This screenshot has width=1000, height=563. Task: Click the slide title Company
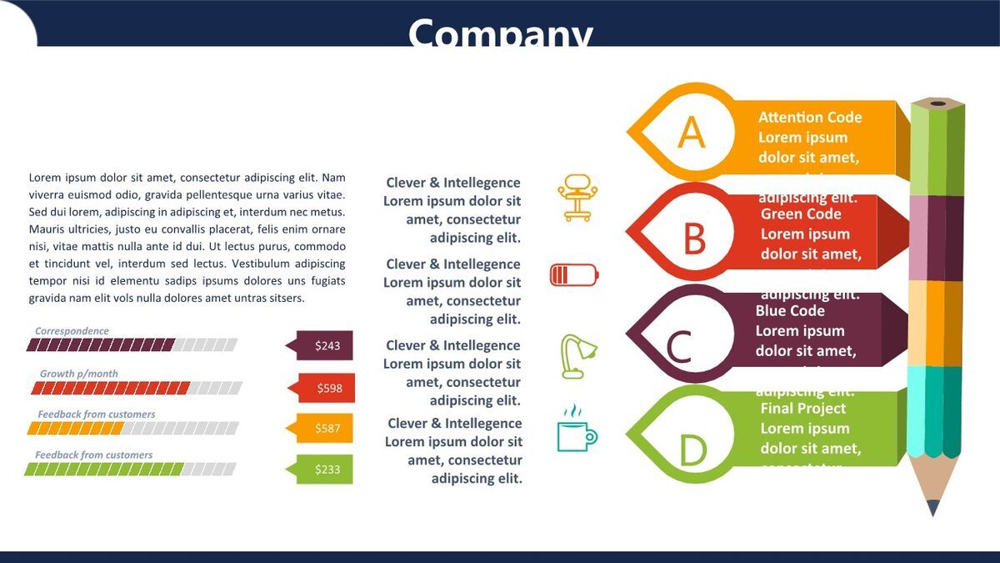[500, 33]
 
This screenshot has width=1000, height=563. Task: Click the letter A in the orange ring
[691, 132]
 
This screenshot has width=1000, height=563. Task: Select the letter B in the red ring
[694, 238]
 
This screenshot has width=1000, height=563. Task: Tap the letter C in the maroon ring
[679, 346]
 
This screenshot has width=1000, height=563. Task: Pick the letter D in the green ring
[692, 450]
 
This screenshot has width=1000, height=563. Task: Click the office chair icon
[575, 198]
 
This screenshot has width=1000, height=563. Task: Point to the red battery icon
[574, 274]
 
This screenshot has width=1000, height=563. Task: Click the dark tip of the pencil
[933, 508]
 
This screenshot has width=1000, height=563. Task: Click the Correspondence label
[72, 331]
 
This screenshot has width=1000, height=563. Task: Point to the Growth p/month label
[79, 374]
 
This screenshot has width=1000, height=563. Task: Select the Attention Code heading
[810, 118]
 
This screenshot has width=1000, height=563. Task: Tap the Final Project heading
[802, 409]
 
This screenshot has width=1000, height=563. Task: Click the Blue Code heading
[790, 311]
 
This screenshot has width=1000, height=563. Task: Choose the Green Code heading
[801, 214]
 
